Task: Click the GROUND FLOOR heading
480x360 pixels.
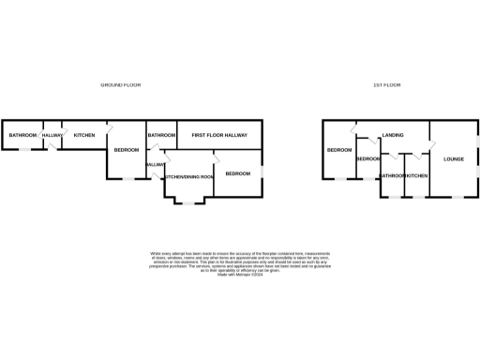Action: [x=120, y=85]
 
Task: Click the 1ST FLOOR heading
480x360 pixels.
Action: [x=386, y=85]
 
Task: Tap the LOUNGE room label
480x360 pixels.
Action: [x=454, y=158]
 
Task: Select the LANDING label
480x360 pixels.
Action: [x=393, y=136]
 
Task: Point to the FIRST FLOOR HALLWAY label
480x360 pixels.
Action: [x=219, y=136]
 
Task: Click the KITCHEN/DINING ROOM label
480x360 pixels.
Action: [x=189, y=177]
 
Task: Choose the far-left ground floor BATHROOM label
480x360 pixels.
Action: [x=22, y=136]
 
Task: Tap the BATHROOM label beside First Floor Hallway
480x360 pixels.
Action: [x=161, y=136]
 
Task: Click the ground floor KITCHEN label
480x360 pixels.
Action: [x=84, y=136]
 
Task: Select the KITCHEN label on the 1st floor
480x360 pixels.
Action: [x=417, y=176]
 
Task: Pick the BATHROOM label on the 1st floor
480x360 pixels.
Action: [x=392, y=176]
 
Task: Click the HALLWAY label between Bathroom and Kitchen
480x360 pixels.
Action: [x=52, y=136]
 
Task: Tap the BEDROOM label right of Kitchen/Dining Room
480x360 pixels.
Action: [x=238, y=173]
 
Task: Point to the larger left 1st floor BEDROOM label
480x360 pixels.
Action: [x=338, y=150]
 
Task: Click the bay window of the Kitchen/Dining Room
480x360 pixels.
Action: [x=189, y=202]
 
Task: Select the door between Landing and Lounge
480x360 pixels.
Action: [x=431, y=143]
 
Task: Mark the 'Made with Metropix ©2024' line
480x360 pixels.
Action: [x=239, y=273]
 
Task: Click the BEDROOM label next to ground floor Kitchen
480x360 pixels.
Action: [x=127, y=150]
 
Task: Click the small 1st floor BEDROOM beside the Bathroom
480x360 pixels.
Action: [x=367, y=158]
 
